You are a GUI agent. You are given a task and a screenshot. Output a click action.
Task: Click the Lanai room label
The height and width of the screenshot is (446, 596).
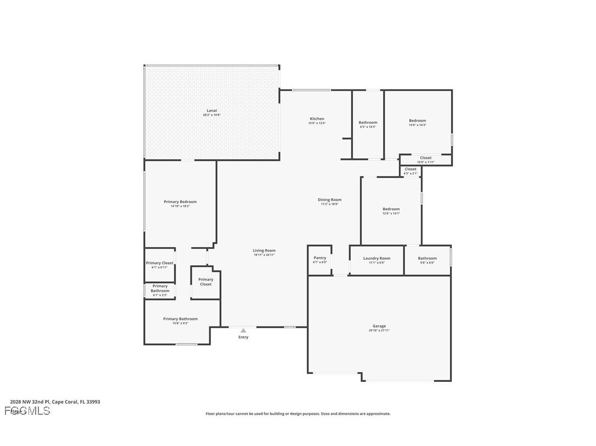tap(212, 111)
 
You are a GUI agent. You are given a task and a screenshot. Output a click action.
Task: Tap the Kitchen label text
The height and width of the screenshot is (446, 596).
tap(317, 119)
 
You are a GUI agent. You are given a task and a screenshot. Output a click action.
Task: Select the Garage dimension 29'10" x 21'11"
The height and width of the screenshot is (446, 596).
tap(379, 330)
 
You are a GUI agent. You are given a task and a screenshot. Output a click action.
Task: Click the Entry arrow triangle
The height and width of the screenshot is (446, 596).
tap(243, 330)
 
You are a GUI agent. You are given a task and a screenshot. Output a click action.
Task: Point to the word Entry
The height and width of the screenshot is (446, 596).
tap(243, 338)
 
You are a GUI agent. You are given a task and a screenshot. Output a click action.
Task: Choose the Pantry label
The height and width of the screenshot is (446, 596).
tap(320, 258)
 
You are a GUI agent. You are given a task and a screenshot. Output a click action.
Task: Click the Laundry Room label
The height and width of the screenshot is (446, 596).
tap(376, 259)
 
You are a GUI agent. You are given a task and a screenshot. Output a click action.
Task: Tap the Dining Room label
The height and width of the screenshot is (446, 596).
tap(329, 200)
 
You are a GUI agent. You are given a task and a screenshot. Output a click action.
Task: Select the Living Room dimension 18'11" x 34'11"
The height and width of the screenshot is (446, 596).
tap(264, 255)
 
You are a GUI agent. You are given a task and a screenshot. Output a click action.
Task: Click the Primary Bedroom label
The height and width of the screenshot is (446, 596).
tap(180, 202)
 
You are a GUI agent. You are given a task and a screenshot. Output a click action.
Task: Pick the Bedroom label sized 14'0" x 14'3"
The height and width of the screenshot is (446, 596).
tap(417, 121)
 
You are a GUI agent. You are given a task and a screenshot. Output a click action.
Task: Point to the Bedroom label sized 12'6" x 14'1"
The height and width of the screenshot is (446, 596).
tap(391, 209)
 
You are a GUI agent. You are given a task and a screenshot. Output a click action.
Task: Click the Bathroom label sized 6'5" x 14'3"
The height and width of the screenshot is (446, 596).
tap(368, 123)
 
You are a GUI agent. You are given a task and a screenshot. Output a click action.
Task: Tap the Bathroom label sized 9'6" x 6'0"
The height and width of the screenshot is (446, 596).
tap(427, 259)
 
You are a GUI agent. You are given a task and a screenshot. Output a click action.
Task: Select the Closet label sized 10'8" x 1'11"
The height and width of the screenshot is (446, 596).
tap(426, 158)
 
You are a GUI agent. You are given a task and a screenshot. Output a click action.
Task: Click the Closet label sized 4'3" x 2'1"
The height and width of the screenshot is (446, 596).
tap(411, 169)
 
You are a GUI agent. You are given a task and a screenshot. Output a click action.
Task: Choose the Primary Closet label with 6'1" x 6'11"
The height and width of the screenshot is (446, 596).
tap(160, 263)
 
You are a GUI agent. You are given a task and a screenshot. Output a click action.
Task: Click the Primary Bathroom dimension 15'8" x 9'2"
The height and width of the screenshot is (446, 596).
tap(180, 323)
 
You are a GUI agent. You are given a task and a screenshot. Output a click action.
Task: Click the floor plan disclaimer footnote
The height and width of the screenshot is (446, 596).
tap(298, 414)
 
